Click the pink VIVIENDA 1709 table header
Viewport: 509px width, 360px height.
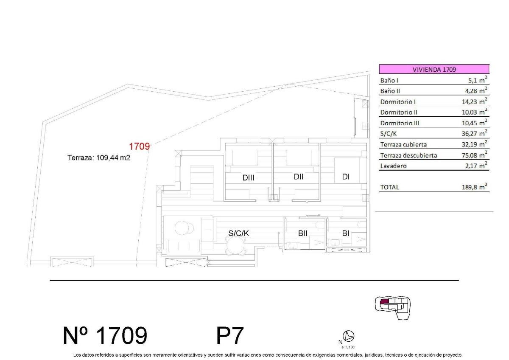434,70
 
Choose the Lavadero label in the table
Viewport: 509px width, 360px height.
393,166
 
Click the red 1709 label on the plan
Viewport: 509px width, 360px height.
140,147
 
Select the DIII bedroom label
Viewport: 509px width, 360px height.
248,178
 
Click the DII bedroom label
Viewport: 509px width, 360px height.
299,177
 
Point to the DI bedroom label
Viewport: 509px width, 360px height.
346,177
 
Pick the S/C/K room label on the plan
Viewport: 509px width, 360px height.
239,233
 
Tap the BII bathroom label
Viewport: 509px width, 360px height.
303,233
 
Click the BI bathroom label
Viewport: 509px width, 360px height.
346,233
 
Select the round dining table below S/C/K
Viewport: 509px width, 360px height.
237,245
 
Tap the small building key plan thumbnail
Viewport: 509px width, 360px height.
393,307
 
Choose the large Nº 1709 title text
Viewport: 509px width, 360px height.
105,336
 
